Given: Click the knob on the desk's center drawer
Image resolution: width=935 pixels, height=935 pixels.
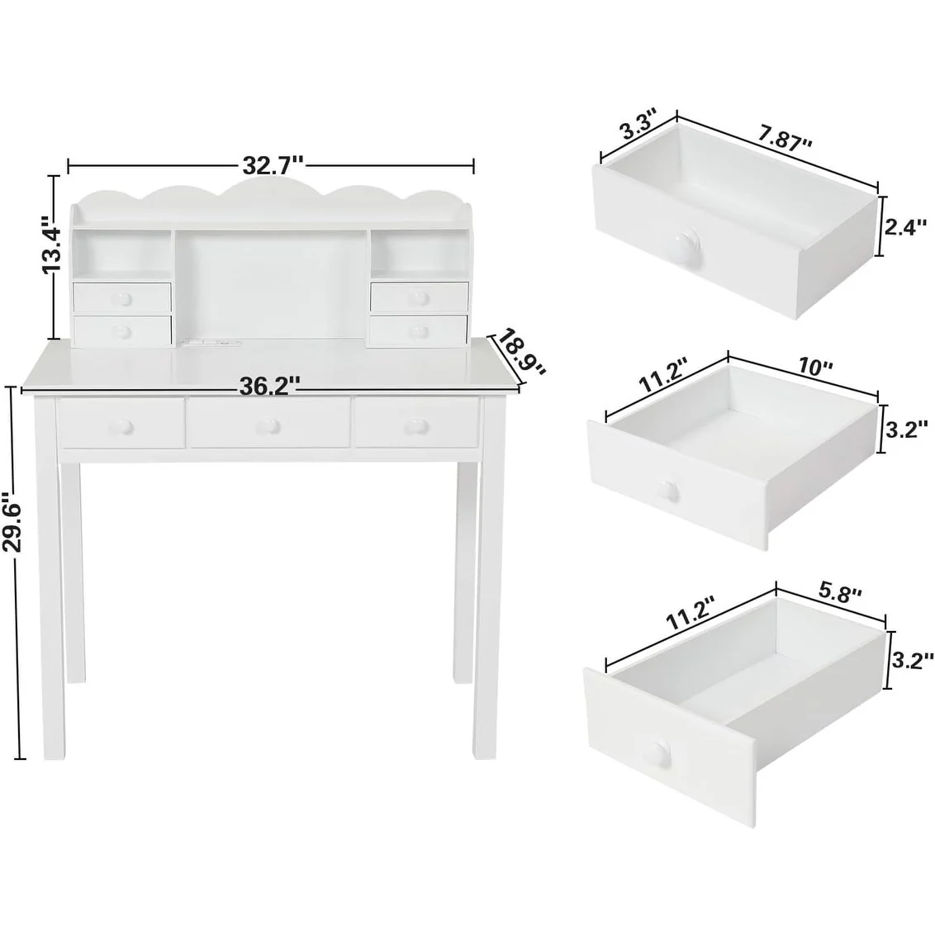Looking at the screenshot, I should click(x=268, y=425).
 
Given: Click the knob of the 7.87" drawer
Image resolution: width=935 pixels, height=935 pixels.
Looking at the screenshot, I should click(x=684, y=244).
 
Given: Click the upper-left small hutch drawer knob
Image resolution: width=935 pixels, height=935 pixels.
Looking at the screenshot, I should click(x=123, y=297).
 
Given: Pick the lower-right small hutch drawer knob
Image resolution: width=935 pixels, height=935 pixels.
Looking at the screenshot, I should click(x=419, y=330).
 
